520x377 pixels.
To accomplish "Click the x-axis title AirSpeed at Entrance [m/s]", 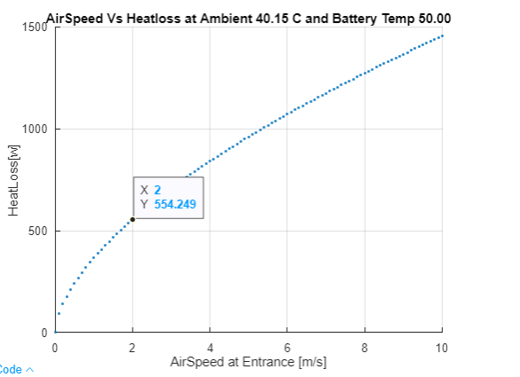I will (x=249, y=362).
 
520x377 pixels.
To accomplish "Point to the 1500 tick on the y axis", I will (x=35, y=27).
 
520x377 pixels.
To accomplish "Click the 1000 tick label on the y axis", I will (x=35, y=130).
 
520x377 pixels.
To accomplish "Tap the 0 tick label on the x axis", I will (x=55, y=347).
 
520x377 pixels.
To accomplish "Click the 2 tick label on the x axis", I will (x=132, y=347).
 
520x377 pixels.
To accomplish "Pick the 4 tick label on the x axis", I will (x=210, y=347).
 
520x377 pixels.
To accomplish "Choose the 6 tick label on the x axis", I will (x=287, y=347).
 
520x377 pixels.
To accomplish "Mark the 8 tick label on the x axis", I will (x=364, y=347).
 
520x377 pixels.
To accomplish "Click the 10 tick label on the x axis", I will (x=442, y=347).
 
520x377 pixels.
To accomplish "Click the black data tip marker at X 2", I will (x=132, y=219).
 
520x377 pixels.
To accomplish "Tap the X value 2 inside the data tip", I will (x=157, y=190).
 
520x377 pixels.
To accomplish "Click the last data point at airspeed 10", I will (x=442, y=36).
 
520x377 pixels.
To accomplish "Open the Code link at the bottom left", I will (x=12, y=370).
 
